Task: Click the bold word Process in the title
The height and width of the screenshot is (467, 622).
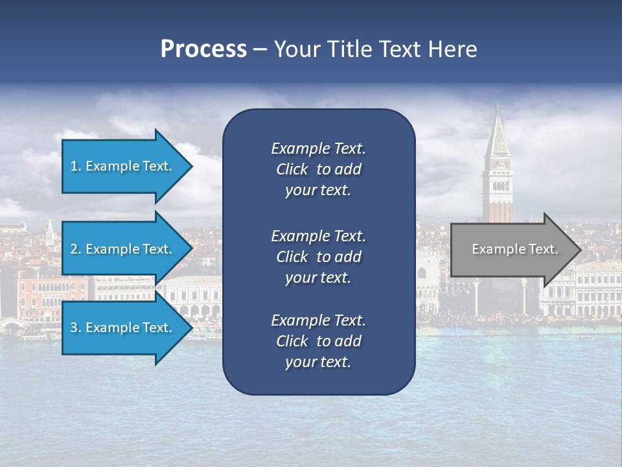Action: point(203,49)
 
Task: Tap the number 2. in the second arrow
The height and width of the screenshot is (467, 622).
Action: point(76,249)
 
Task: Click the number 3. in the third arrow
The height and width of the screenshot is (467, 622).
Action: point(76,328)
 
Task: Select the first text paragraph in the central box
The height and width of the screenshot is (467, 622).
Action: point(318,169)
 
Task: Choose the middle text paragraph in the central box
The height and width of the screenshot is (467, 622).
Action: point(318,257)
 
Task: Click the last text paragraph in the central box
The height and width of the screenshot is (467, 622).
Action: point(318,341)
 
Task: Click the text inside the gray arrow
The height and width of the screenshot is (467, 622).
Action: point(514,249)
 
